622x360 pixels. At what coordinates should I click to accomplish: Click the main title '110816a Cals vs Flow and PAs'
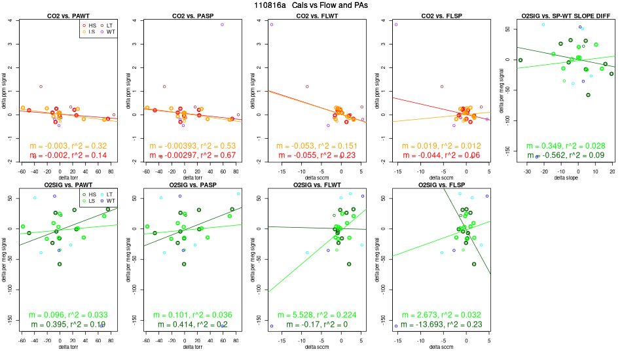pos(310,5)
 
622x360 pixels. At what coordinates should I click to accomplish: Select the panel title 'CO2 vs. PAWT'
pos(68,15)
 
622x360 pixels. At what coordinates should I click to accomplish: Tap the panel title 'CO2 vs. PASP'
pos(192,15)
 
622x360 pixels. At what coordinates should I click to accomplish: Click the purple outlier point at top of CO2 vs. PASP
pos(223,24)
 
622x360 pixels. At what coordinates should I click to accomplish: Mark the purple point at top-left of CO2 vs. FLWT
pos(272,24)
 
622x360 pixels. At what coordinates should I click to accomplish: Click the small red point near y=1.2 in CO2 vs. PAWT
pos(41,86)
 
